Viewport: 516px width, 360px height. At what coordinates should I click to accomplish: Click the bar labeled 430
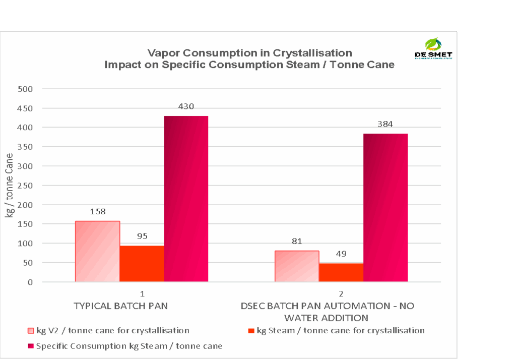[186, 199]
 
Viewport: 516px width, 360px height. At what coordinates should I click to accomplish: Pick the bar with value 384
[385, 207]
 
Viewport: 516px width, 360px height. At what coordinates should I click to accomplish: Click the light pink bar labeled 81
[297, 266]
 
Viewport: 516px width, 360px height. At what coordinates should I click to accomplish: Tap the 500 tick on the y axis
[26, 89]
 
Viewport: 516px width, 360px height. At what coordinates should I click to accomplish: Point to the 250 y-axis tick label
[26, 186]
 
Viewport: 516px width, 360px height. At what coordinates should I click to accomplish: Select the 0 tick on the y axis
[30, 282]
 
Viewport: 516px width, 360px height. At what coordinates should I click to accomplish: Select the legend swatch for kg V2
[31, 331]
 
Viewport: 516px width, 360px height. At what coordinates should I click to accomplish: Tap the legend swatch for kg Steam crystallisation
[252, 331]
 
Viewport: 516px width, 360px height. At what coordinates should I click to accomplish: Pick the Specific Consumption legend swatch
[31, 346]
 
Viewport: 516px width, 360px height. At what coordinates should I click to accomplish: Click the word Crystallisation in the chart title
[312, 53]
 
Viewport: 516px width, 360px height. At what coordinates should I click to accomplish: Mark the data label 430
[186, 106]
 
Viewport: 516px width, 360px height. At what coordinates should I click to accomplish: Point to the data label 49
[341, 254]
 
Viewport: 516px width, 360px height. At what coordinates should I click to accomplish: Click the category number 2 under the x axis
[341, 293]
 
